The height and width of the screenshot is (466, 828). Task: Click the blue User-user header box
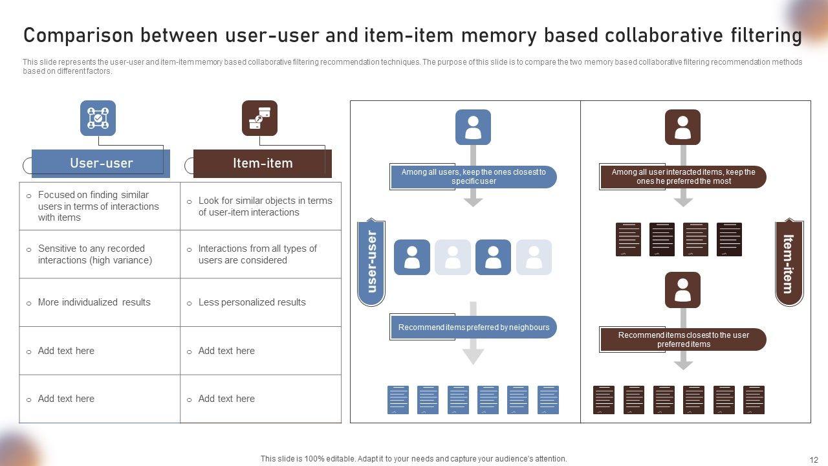(101, 163)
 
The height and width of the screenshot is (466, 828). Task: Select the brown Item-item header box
(263, 163)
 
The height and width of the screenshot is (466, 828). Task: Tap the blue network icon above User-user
(98, 118)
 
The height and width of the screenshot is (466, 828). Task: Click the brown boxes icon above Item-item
(259, 118)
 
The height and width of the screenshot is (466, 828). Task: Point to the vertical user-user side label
(371, 261)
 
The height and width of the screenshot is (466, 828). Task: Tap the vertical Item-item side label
(789, 263)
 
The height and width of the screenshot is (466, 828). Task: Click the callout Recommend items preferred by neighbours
(474, 327)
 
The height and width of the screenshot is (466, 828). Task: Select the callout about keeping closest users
(474, 177)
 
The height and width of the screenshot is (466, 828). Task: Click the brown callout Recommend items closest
(683, 340)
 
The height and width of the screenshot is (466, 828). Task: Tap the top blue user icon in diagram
(473, 127)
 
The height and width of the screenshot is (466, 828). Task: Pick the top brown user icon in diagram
(682, 127)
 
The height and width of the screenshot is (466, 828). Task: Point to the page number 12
(814, 459)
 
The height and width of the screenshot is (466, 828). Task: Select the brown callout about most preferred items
(683, 177)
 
